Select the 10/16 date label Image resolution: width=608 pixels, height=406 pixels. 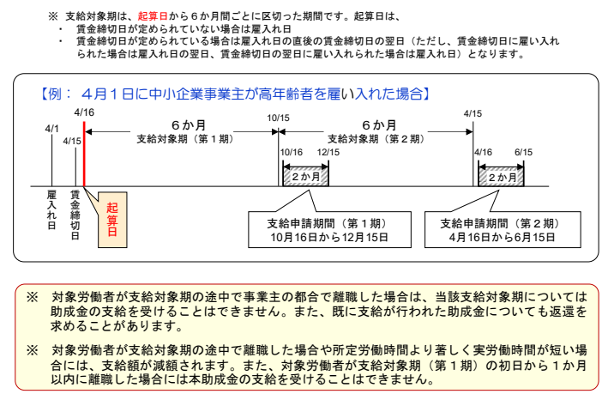[292, 152]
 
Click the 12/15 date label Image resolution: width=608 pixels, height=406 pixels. [328, 152]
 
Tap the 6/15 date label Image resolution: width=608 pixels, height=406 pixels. [523, 152]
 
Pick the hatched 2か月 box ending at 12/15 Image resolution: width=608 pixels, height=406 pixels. [306, 174]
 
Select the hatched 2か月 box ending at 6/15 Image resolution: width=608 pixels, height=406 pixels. [503, 174]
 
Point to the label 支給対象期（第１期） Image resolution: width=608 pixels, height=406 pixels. [181, 137]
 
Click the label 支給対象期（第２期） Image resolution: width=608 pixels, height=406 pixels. [373, 137]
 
